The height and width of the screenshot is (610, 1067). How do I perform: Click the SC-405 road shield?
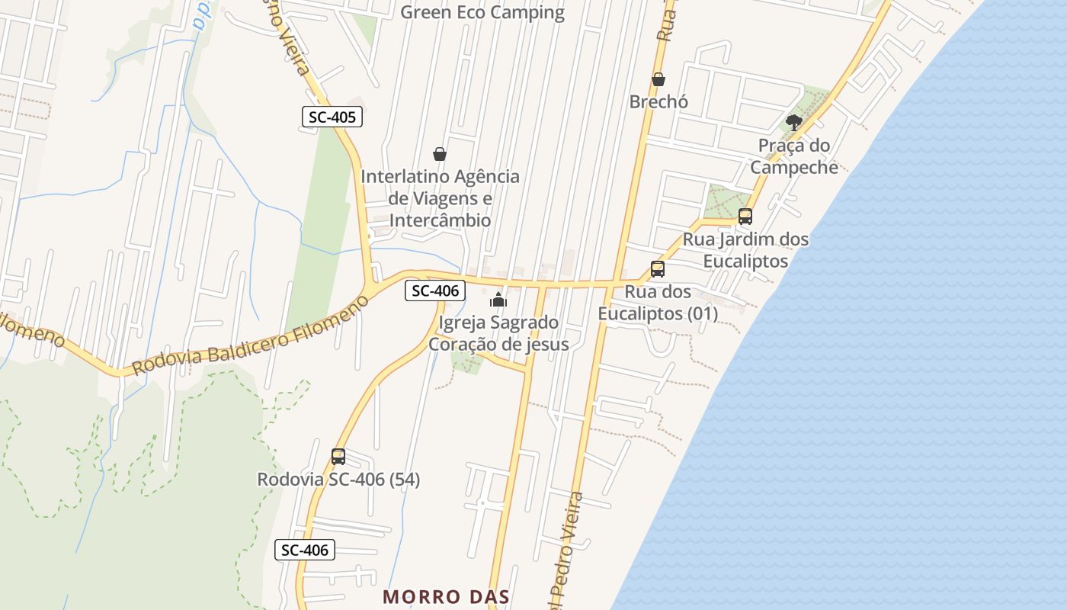332,117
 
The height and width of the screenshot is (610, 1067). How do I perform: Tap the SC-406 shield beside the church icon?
434,291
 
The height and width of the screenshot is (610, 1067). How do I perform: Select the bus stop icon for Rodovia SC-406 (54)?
338,457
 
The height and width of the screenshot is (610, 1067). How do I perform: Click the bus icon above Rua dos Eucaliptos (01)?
658,268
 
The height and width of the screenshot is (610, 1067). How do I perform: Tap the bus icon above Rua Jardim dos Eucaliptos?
745,216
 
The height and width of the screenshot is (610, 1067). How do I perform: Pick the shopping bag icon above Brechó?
658,79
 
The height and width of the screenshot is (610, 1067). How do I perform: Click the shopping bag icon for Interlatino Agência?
440,154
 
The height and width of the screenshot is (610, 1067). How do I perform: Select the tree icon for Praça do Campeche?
794,122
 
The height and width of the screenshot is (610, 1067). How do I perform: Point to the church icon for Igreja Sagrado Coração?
498,300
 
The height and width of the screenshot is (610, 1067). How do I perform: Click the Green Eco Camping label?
482,12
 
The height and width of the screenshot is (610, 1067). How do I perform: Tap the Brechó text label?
658,101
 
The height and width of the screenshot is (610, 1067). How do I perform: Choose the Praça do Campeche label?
794,156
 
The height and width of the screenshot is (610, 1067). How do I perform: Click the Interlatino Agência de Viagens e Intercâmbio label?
440,198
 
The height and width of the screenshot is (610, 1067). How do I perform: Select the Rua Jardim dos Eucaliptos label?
745,250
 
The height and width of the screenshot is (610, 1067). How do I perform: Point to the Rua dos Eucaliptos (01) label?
658,303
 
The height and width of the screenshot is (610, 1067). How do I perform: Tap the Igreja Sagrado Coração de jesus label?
498,333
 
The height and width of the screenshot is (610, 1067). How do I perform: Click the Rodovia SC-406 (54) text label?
338,480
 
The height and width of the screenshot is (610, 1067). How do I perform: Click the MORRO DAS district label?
446,596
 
